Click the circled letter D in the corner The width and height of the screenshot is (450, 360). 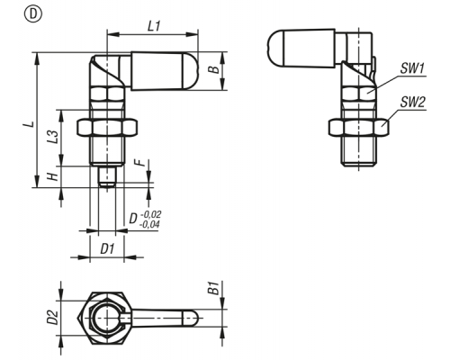coord(33,14)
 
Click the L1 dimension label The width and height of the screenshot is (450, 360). coord(155,27)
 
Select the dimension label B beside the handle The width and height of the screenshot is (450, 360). coord(213,69)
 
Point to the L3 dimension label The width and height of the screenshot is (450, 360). coord(52,137)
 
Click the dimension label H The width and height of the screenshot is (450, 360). coord(53,176)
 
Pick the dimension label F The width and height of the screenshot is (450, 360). coord(139,163)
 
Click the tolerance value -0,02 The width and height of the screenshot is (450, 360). coord(150,214)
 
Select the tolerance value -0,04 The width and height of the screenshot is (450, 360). coord(149,224)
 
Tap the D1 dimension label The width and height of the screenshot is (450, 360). coord(107,249)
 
